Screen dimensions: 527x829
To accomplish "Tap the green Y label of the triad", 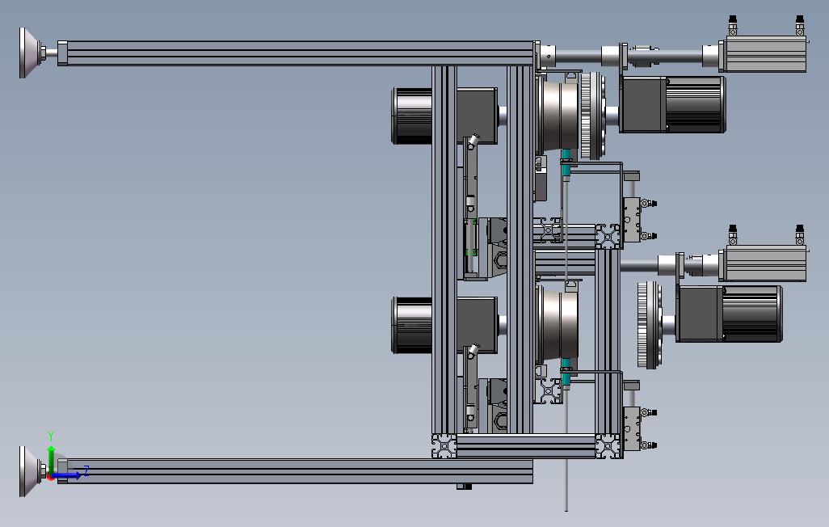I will click(51, 436).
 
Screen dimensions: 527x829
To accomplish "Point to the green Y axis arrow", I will click(52, 457).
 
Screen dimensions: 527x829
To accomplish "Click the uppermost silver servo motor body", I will click(763, 55).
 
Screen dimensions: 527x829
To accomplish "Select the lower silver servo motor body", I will click(763, 264).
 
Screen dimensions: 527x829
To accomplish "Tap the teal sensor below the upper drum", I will click(566, 156).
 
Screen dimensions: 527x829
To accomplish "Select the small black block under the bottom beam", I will click(464, 487).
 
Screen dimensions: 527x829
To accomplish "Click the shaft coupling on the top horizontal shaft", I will click(642, 56).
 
